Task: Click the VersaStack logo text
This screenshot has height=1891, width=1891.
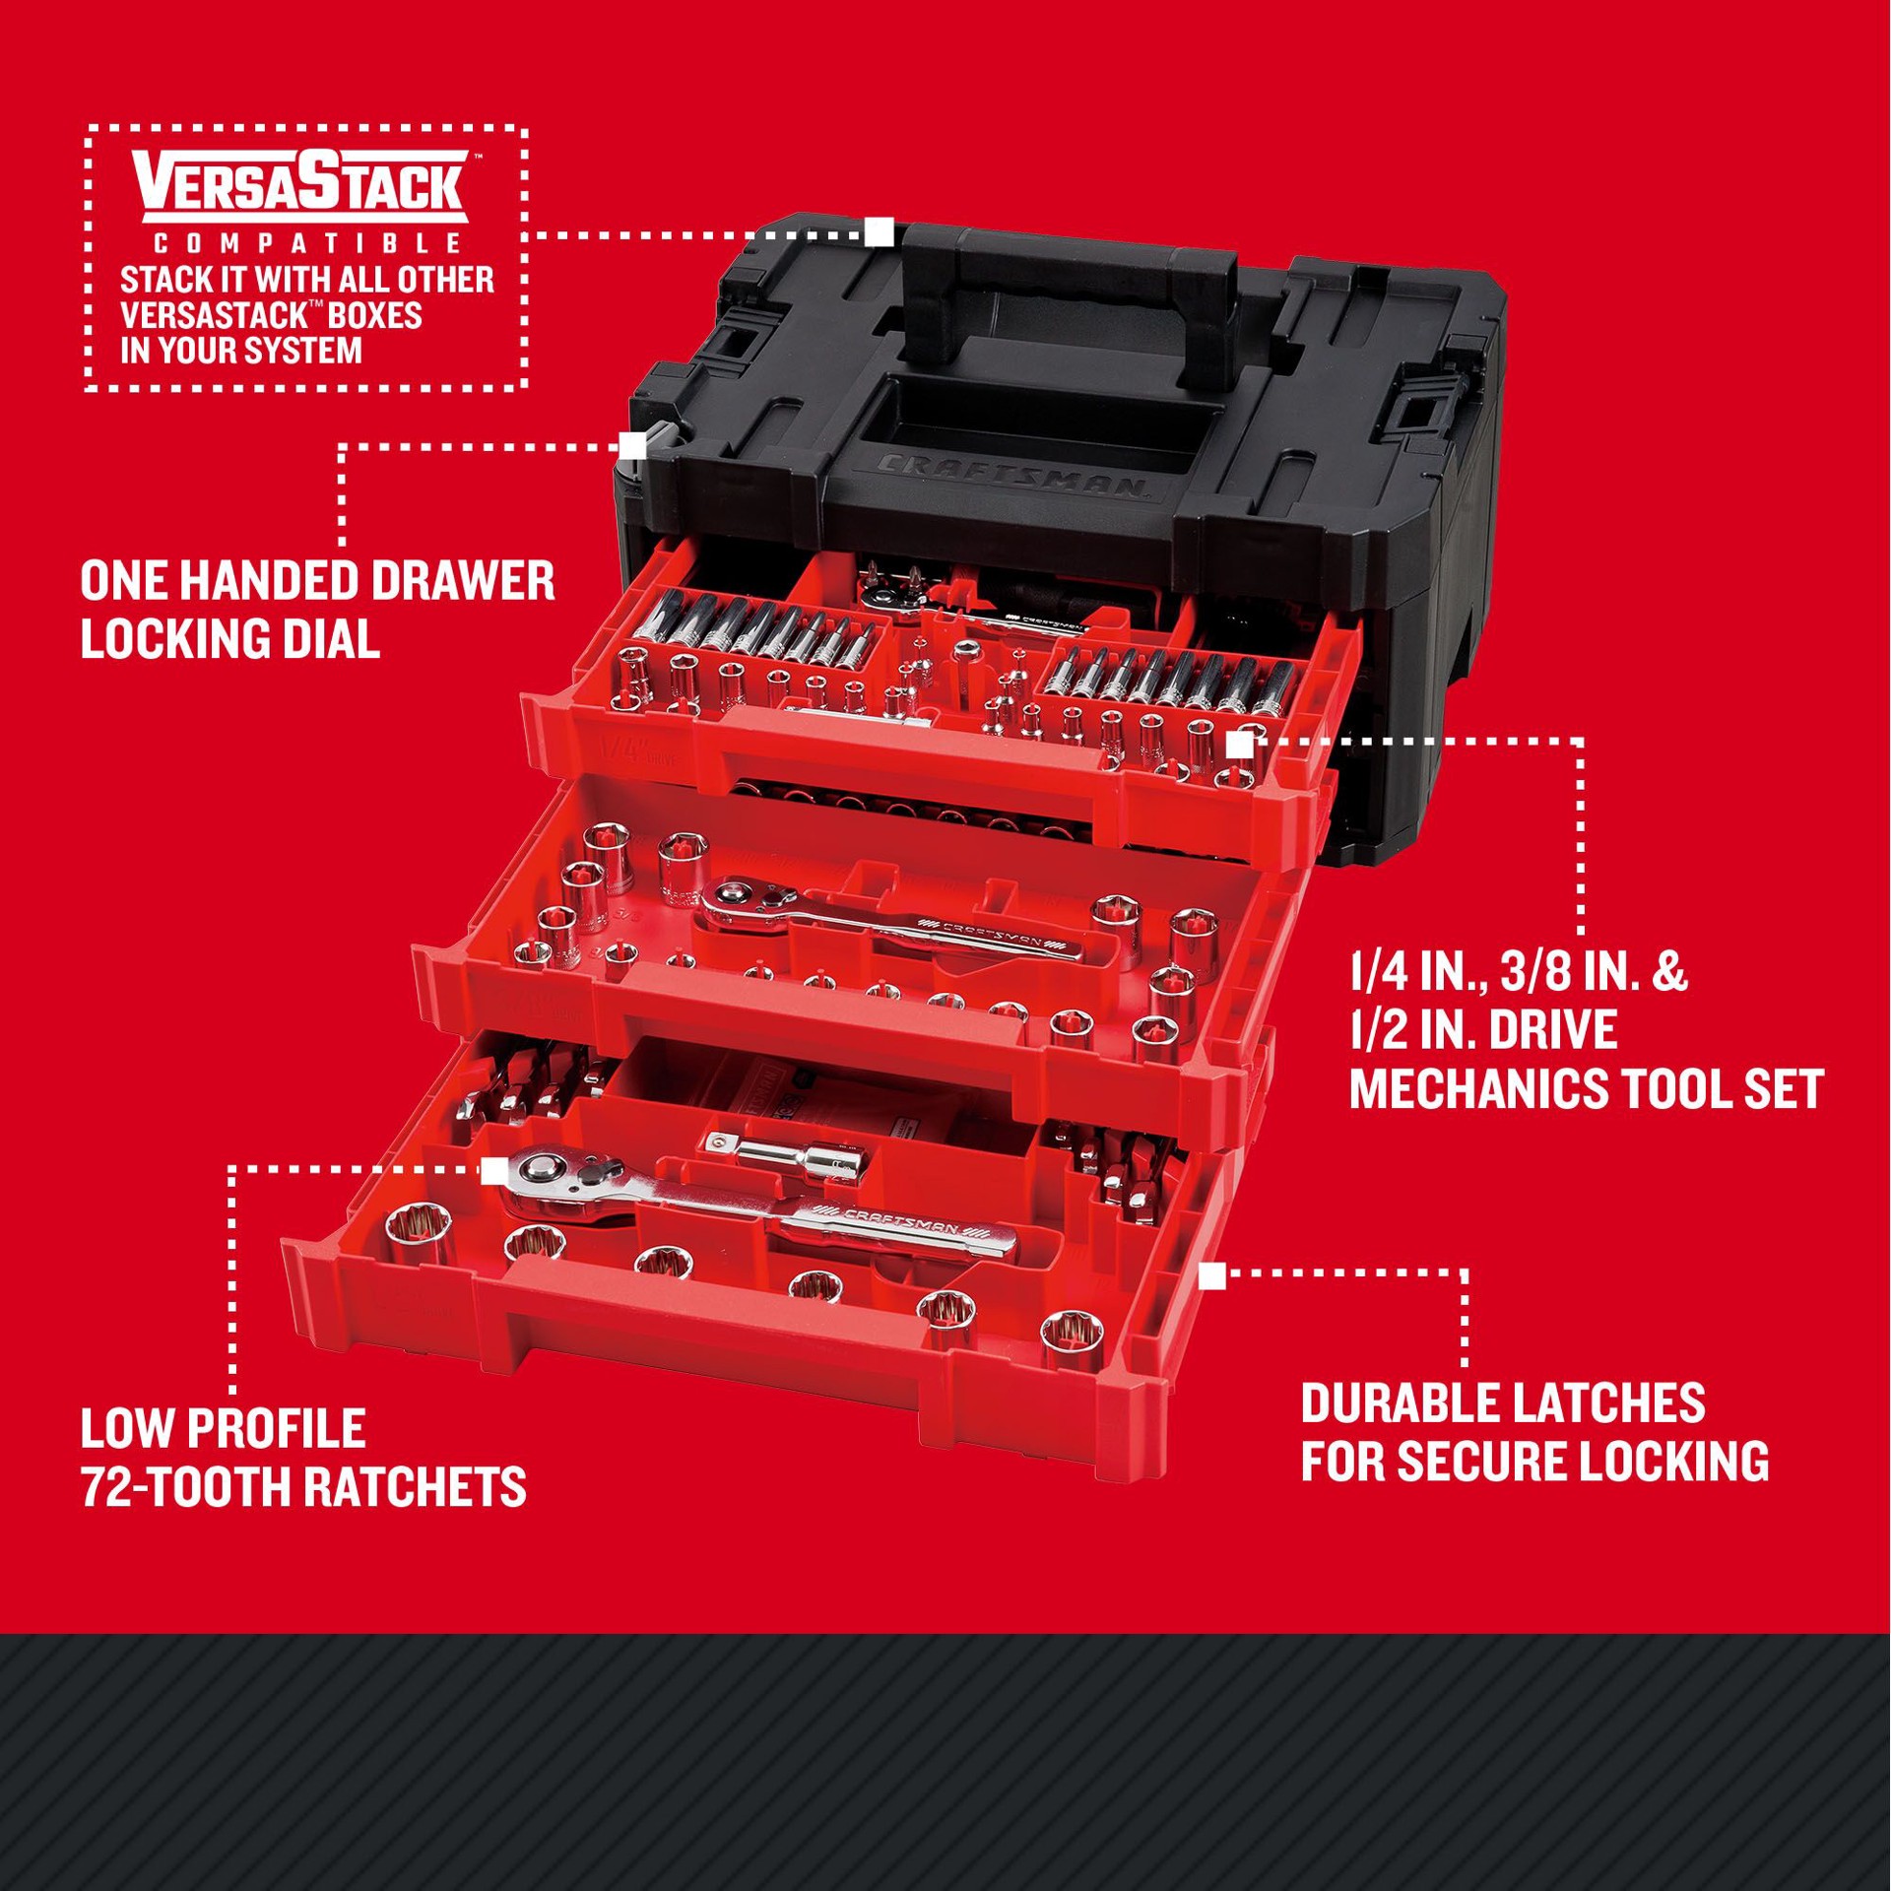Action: (301, 186)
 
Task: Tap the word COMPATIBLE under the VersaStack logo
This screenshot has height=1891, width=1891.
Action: (306, 243)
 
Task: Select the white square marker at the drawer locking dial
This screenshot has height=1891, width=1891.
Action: (633, 445)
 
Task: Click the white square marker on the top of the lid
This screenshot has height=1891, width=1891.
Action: (879, 232)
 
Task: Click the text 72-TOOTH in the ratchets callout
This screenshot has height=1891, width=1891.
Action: (183, 1486)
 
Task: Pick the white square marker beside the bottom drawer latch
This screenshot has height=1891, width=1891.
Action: (1211, 1276)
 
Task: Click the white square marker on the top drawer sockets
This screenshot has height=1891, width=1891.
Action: (1240, 746)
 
